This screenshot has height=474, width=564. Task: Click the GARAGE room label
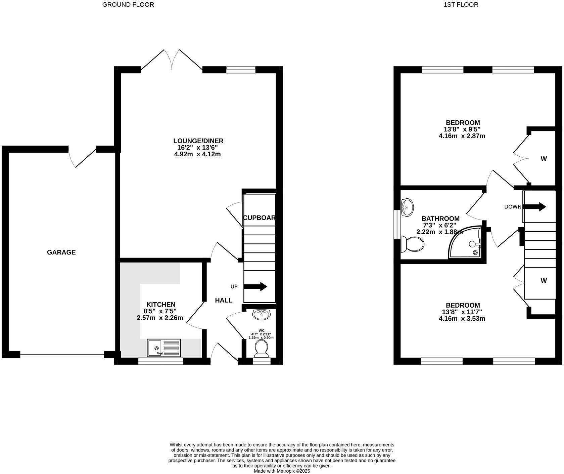pos(61,252)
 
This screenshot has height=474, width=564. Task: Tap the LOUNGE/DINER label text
pos(198,141)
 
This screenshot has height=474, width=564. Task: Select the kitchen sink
pos(164,348)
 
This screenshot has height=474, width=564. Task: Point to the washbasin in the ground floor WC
pos(262,314)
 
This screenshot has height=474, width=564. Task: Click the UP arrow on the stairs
pos(255,287)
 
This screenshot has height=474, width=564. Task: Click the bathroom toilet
pos(412,244)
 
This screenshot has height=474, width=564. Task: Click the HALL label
pos(224,300)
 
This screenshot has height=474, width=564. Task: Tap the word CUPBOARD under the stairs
pos(259,218)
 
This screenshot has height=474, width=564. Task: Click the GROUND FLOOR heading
pos(128,5)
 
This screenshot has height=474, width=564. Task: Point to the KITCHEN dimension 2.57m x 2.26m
pos(160,318)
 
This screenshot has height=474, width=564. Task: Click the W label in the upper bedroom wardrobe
pos(544,159)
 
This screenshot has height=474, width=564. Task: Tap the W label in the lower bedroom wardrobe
pos(544,280)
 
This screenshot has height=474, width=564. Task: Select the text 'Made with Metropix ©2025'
pos(282,471)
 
